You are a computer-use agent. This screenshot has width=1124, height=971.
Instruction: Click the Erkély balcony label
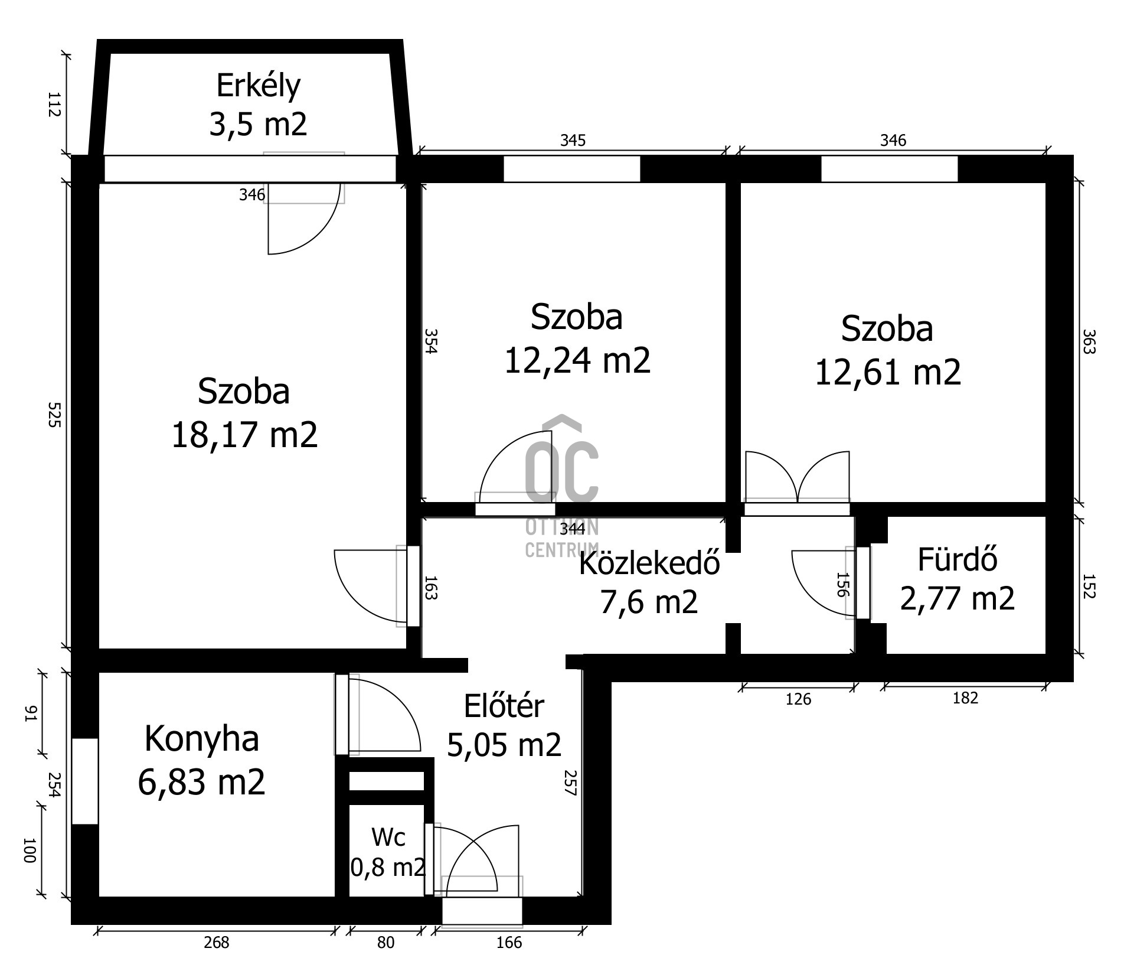pyautogui.click(x=258, y=85)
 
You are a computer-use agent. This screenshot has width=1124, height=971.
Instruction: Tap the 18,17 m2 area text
pyautogui.click(x=244, y=435)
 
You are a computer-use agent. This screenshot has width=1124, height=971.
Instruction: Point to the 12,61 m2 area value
pyautogui.click(x=887, y=372)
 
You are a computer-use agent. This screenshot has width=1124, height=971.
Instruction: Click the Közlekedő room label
pyautogui.click(x=649, y=563)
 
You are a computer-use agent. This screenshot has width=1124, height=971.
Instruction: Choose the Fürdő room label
pyautogui.click(x=957, y=559)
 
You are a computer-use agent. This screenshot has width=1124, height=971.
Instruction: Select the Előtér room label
pyautogui.click(x=504, y=706)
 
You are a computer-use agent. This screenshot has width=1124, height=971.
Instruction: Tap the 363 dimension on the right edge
pyautogui.click(x=1089, y=341)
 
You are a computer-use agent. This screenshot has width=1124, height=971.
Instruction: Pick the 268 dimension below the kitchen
pyautogui.click(x=216, y=942)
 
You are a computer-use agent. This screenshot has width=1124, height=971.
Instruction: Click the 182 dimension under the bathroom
pyautogui.click(x=965, y=698)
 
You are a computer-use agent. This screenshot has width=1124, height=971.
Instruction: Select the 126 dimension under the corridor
pyautogui.click(x=798, y=699)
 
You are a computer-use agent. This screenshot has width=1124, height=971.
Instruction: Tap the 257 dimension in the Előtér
pyautogui.click(x=570, y=783)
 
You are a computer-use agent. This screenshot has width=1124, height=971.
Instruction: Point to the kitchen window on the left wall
pyautogui.click(x=84, y=780)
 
